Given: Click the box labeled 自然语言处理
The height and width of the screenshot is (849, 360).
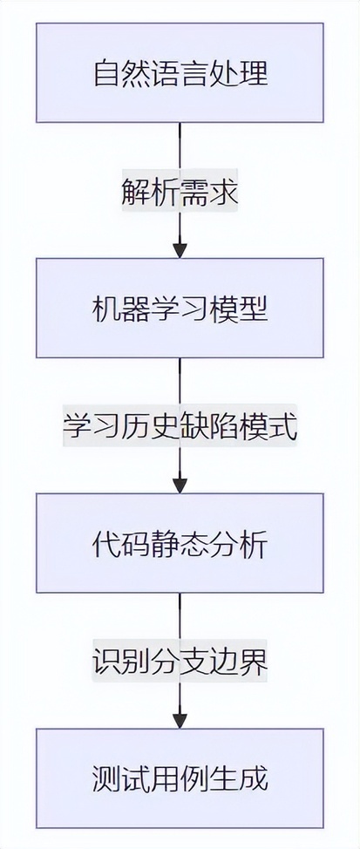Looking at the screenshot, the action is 180,72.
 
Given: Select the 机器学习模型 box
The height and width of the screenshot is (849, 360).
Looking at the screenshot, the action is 180,308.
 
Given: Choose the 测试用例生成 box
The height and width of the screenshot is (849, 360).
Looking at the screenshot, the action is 180,778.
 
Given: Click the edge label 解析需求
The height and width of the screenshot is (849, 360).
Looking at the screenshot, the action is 180,194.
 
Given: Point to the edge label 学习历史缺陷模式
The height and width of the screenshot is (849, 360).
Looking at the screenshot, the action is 180,428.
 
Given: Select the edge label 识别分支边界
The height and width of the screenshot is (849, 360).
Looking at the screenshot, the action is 180,663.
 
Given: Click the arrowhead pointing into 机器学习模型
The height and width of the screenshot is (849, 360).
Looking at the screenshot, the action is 180,251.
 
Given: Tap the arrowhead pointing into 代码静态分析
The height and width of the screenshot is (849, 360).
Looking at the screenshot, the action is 180,486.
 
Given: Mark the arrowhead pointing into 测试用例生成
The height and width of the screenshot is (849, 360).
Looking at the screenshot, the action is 180,721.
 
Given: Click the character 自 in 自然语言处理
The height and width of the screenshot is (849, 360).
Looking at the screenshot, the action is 106,73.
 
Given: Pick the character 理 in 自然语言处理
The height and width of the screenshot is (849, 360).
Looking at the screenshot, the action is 254,73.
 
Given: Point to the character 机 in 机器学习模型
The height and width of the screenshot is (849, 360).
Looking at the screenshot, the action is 106,308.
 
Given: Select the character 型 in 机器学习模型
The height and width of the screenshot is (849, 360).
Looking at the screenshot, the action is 254,308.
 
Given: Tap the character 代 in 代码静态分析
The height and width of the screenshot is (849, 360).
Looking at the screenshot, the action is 106,543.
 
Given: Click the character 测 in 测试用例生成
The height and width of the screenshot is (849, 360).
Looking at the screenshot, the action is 106,778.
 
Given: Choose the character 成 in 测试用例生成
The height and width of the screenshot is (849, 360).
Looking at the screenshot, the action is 254,778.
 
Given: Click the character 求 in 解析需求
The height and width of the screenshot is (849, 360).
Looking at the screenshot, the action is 223,194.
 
